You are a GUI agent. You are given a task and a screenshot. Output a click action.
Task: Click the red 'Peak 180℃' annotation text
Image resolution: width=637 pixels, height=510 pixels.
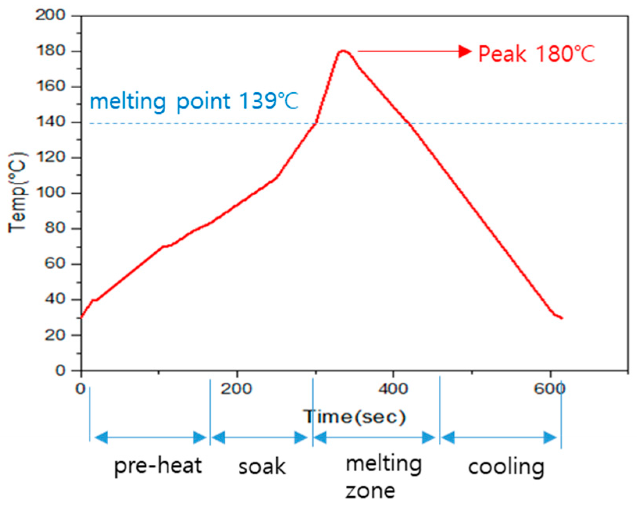coord(536,54)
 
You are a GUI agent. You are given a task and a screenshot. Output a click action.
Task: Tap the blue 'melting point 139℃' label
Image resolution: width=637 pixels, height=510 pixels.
coord(194,102)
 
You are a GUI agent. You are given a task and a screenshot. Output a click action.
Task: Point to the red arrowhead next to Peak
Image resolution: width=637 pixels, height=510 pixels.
coord(465,51)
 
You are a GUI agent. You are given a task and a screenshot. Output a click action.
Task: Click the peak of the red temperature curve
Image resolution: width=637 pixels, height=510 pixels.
coord(343,50)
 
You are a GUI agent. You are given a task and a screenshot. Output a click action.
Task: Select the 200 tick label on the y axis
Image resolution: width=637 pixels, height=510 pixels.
coord(51,15)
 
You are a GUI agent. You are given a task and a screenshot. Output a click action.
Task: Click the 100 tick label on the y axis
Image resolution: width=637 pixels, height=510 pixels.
coord(51,193)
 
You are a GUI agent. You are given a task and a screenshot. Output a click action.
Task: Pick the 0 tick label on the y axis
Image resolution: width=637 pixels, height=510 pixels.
coord(60,370)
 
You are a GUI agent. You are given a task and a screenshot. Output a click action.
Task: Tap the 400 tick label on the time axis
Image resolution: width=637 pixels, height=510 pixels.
coord(393,389)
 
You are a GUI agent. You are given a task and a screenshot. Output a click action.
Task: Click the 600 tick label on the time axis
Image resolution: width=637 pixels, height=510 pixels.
coord(549,389)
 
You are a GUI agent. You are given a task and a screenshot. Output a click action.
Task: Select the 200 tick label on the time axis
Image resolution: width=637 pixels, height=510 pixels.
coord(236,389)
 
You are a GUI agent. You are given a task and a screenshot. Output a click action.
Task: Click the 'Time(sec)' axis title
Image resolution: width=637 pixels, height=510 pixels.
coord(355,417)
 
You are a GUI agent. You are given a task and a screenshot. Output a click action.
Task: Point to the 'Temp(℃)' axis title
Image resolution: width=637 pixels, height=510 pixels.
coord(18,192)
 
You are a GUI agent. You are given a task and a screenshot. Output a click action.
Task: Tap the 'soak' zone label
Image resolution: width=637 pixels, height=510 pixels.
coord(262,467)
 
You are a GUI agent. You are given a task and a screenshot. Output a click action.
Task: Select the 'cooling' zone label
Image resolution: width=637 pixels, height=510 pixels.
coord(506,467)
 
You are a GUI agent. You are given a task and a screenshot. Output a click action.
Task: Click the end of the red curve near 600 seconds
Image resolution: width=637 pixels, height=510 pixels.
coord(562,318)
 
